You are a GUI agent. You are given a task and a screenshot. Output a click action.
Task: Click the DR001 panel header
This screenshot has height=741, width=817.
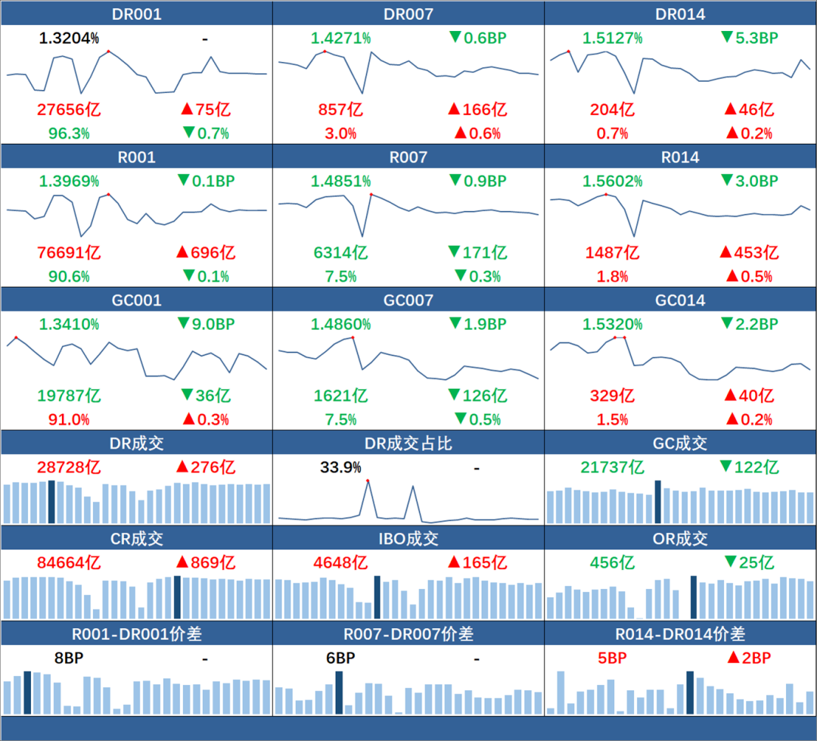[136, 14]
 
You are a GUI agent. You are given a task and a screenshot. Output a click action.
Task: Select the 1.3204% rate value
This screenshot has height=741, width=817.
[69, 39]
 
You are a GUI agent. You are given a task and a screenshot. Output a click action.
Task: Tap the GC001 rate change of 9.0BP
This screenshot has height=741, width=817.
[205, 324]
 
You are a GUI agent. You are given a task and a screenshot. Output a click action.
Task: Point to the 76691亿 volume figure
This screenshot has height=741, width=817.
[69, 252]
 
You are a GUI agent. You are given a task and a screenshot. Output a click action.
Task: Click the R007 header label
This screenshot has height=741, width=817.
[408, 157]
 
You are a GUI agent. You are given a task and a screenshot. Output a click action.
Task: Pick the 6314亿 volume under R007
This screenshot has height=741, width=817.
[340, 252]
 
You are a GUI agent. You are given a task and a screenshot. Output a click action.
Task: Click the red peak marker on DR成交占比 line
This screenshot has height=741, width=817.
[368, 481]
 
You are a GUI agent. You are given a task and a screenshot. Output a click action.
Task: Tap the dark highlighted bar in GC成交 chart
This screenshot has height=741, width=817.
[657, 501]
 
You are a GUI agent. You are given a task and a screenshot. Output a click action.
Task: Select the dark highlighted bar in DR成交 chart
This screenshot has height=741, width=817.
[51, 501]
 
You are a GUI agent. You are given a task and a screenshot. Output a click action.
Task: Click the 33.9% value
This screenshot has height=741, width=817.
[340, 468]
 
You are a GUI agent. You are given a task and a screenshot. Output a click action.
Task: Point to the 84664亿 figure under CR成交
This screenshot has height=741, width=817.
[69, 563]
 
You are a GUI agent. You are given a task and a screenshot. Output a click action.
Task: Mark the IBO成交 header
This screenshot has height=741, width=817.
[408, 539]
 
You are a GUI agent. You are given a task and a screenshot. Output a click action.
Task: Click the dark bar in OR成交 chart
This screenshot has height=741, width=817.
[694, 597]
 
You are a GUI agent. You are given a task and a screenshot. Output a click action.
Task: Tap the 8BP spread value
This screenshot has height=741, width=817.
[69, 658]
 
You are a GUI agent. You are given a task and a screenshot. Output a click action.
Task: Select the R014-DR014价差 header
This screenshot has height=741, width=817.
[680, 634]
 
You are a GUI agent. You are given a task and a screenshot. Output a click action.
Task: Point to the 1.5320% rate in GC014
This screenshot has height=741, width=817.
[613, 324]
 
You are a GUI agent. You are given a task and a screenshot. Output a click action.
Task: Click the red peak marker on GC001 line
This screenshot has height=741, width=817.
[16, 337]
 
